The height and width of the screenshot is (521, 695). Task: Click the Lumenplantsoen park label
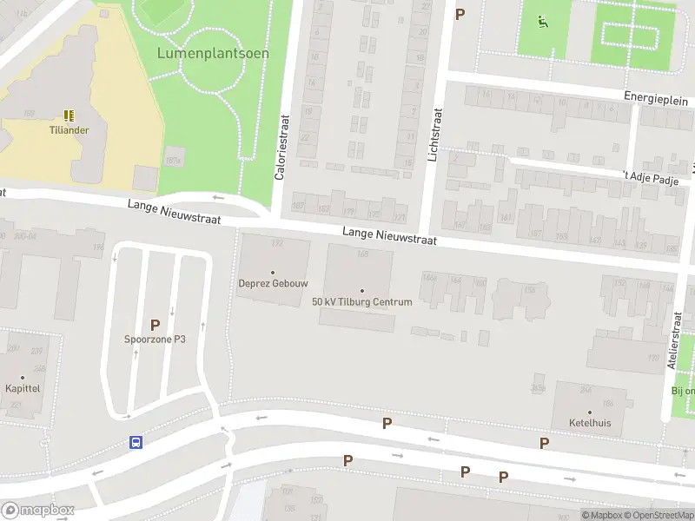213,53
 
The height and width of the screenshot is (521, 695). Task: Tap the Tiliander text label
69,130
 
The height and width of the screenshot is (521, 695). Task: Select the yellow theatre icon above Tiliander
69,115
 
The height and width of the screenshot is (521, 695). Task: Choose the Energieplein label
656,98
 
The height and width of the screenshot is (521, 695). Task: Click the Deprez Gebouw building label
273,283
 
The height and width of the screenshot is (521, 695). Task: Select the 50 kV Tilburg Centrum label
362,302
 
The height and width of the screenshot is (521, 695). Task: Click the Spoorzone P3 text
155,340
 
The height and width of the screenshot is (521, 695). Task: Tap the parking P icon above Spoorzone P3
155,325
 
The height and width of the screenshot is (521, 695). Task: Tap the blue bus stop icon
136,441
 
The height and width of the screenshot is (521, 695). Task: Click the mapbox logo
38,510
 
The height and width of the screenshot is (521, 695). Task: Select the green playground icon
543,22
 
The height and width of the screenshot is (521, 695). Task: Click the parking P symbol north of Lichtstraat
460,14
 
